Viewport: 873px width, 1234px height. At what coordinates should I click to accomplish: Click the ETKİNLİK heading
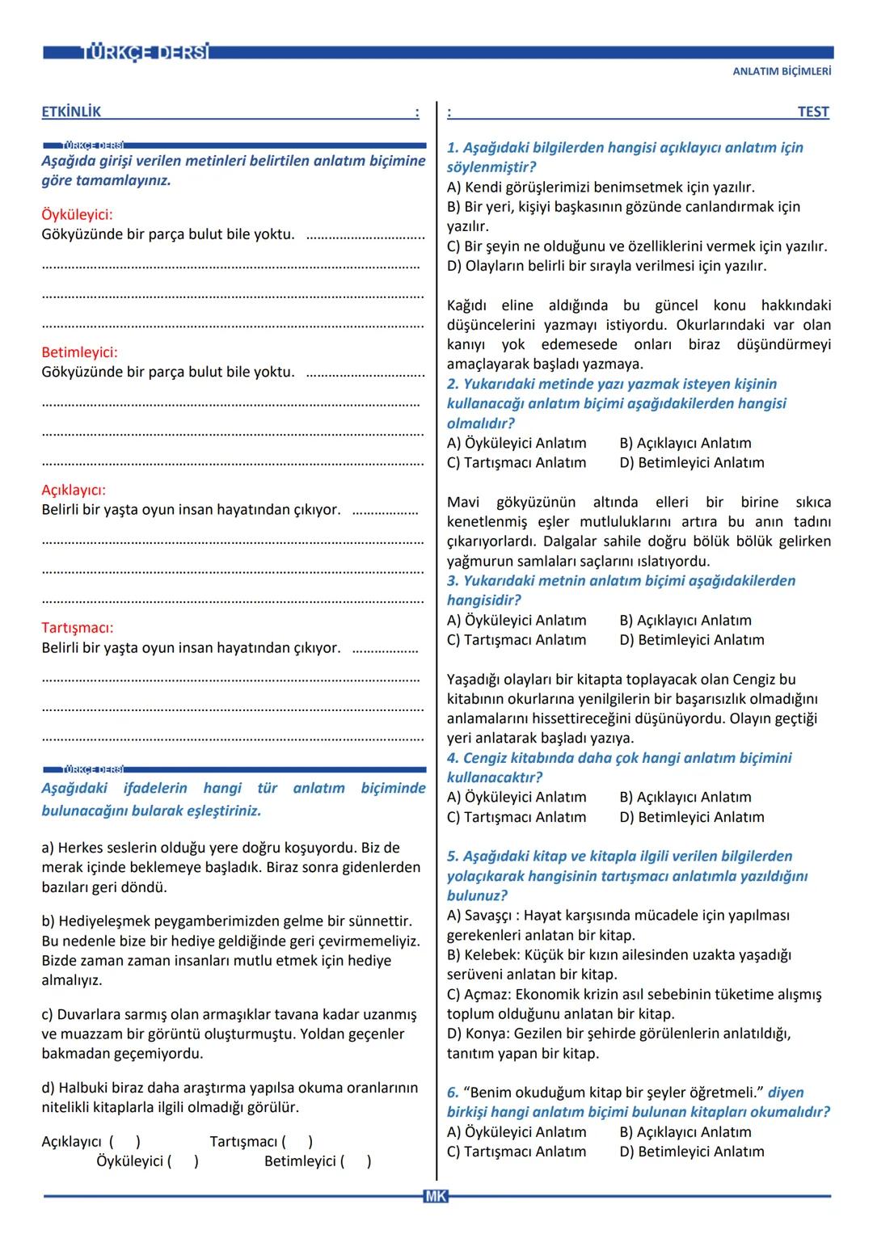pyautogui.click(x=71, y=112)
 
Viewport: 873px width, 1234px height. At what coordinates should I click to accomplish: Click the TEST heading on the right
pyautogui.click(x=812, y=112)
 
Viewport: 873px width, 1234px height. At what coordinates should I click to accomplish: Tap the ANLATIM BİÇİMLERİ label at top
pyautogui.click(x=782, y=71)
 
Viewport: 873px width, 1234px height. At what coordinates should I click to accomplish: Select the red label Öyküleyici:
pyautogui.click(x=77, y=215)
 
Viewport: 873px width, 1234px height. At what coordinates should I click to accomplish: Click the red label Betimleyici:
pyautogui.click(x=79, y=352)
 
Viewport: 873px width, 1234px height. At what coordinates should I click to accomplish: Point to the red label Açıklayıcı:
pyautogui.click(x=74, y=490)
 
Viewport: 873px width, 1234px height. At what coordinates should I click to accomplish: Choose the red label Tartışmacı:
pyautogui.click(x=77, y=627)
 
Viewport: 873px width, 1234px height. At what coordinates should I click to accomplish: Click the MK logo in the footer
pyautogui.click(x=435, y=1197)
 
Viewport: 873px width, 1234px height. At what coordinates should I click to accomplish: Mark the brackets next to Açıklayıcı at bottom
pyautogui.click(x=124, y=1142)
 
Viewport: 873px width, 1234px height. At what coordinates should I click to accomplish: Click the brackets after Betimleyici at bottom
pyautogui.click(x=356, y=1162)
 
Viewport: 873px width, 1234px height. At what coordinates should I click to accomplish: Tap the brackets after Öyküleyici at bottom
pyautogui.click(x=183, y=1162)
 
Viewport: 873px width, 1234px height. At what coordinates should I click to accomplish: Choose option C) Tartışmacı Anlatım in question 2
pyautogui.click(x=517, y=463)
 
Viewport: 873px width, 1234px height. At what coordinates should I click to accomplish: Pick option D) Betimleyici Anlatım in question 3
pyautogui.click(x=692, y=640)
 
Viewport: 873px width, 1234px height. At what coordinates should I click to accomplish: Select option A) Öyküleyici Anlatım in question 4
pyautogui.click(x=517, y=798)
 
